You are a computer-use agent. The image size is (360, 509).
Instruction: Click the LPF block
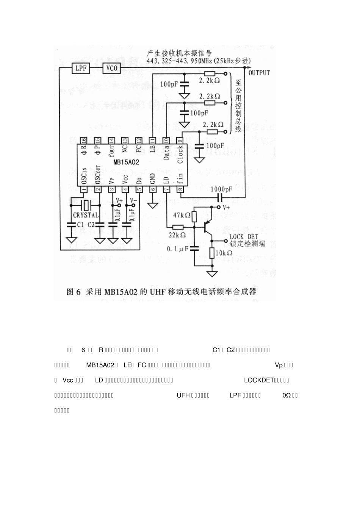(81, 69)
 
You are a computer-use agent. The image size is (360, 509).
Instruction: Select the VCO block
(112, 69)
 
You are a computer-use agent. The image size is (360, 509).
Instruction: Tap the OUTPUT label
(259, 73)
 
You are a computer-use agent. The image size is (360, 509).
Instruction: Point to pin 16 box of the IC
(83, 140)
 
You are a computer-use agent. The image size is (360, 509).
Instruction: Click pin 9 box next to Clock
(180, 140)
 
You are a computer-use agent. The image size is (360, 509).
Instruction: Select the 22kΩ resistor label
(177, 235)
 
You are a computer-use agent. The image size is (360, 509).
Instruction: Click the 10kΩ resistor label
(224, 253)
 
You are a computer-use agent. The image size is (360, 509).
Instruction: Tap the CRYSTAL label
(86, 215)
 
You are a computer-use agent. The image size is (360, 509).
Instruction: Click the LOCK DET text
(244, 237)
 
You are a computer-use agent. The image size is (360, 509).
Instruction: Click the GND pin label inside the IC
(153, 177)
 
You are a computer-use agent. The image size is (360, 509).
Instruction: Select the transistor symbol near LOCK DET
(207, 227)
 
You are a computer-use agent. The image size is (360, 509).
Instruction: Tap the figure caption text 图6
(74, 292)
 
